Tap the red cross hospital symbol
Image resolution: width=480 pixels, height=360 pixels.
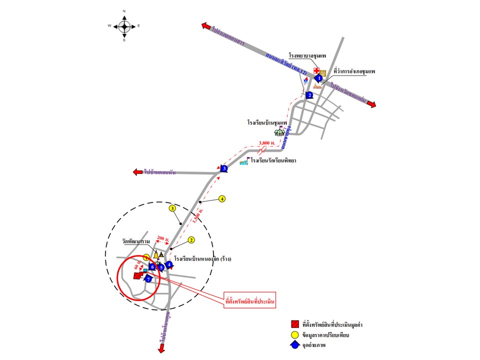coord(316,71)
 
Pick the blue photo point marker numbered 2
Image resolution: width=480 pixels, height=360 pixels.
coord(309,95)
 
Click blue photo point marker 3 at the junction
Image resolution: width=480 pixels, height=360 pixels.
coord(224,168)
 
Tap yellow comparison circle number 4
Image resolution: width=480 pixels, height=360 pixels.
coord(222,198)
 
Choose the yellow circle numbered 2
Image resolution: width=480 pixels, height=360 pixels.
coord(191,240)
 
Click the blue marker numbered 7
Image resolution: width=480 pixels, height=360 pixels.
coord(148,279)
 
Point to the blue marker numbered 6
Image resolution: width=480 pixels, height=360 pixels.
coord(152,267)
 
